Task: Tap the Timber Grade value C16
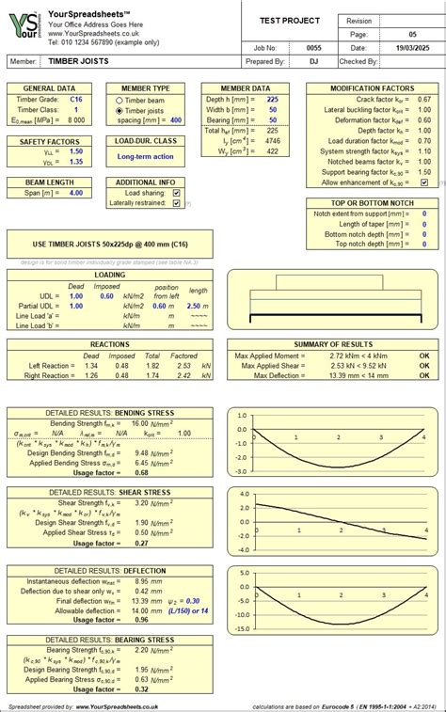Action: click(x=75, y=98)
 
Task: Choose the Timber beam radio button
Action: click(x=119, y=99)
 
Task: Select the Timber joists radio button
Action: click(x=119, y=109)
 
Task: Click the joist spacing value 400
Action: click(x=176, y=120)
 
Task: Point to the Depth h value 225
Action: click(x=272, y=98)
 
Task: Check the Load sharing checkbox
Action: click(x=177, y=192)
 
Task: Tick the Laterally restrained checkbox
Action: click(x=177, y=202)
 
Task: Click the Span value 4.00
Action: click(x=75, y=193)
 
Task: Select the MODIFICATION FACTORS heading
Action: click(x=372, y=87)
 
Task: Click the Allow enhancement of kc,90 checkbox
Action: click(x=424, y=182)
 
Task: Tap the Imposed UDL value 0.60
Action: click(x=106, y=295)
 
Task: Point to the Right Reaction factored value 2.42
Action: click(x=183, y=374)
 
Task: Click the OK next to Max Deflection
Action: click(x=423, y=376)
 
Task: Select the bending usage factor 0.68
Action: click(x=141, y=472)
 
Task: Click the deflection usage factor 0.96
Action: click(x=141, y=620)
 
